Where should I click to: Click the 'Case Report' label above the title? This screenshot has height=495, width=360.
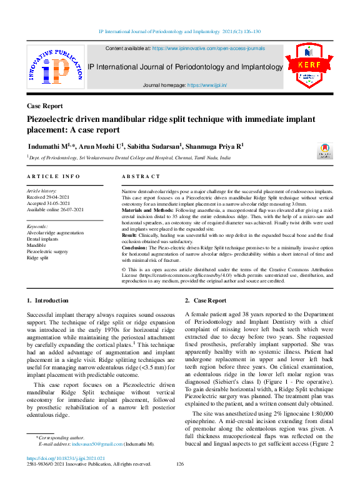click(45, 106)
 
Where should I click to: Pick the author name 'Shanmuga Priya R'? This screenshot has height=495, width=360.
click(216, 146)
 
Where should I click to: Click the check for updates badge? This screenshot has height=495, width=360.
click(325, 152)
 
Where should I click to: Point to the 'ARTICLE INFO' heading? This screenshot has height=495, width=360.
click(53, 177)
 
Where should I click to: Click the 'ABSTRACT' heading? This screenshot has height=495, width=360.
click(141, 177)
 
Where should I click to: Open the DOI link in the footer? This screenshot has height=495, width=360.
click(66, 457)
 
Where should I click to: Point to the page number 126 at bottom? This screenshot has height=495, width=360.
click(180, 464)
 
